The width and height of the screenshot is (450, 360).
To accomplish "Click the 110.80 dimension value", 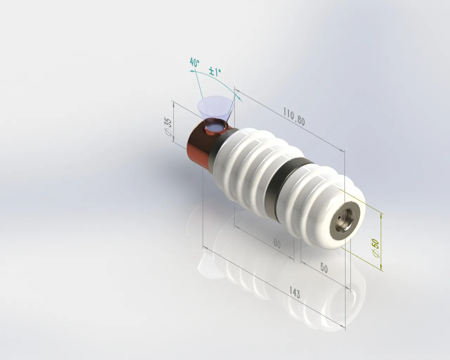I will click(294, 116).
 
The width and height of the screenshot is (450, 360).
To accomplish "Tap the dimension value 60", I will click(277, 244).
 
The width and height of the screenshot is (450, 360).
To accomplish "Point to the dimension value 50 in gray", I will click(324, 268).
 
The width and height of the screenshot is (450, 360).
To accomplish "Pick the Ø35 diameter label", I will click(168, 127).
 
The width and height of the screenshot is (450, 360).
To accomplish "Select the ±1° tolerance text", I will click(215, 72).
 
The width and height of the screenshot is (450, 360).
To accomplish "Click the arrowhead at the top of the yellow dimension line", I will click(381, 215).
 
